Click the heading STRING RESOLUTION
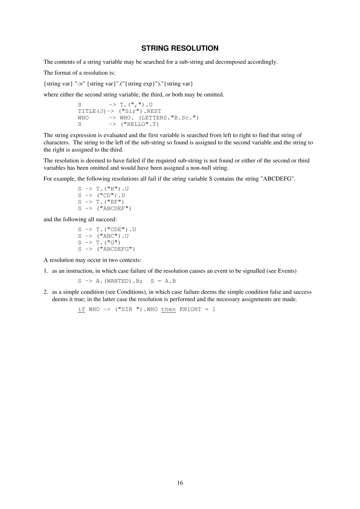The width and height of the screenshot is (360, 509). pyautogui.click(x=180, y=48)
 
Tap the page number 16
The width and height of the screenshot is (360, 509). pyautogui.click(x=180, y=482)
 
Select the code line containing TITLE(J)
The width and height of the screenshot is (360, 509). pyautogui.click(x=120, y=111)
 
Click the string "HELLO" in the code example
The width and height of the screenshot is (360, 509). pyautogui.click(x=136, y=124)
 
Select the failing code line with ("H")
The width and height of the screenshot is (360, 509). pyautogui.click(x=103, y=189)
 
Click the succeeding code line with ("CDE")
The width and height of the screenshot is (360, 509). pyautogui.click(x=107, y=230)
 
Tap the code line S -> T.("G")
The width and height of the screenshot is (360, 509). pyautogui.click(x=99, y=242)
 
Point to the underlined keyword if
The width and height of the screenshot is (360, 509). pyautogui.click(x=81, y=309)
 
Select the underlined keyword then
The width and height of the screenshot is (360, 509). pyautogui.click(x=168, y=309)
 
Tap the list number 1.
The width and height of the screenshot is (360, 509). pyautogui.click(x=46, y=271)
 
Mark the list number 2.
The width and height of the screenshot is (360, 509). pyautogui.click(x=46, y=292)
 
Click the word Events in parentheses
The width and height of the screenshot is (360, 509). pyautogui.click(x=286, y=271)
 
